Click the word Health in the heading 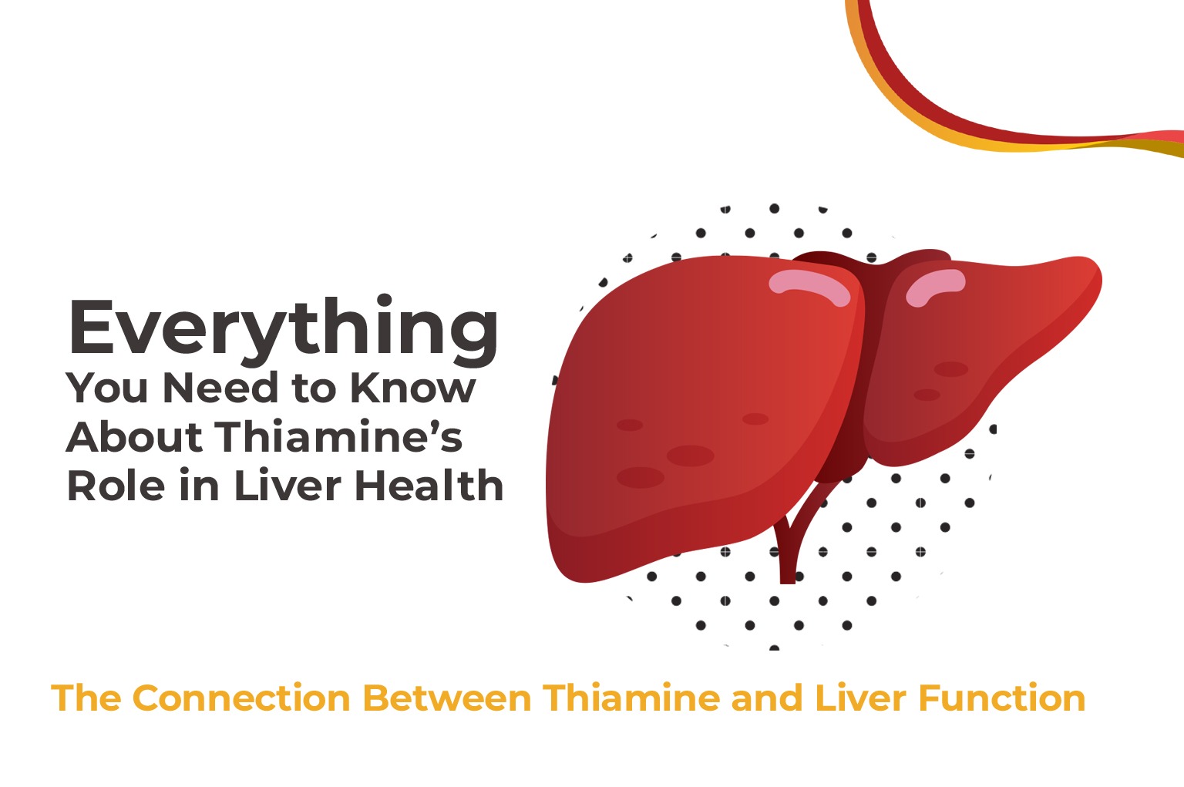coord(429,486)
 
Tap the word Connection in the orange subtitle coord(241,698)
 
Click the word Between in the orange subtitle coord(447,698)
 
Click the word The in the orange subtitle coord(86,698)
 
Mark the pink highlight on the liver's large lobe coord(809,286)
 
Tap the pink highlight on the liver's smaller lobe coord(934,286)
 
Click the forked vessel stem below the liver coord(788,551)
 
